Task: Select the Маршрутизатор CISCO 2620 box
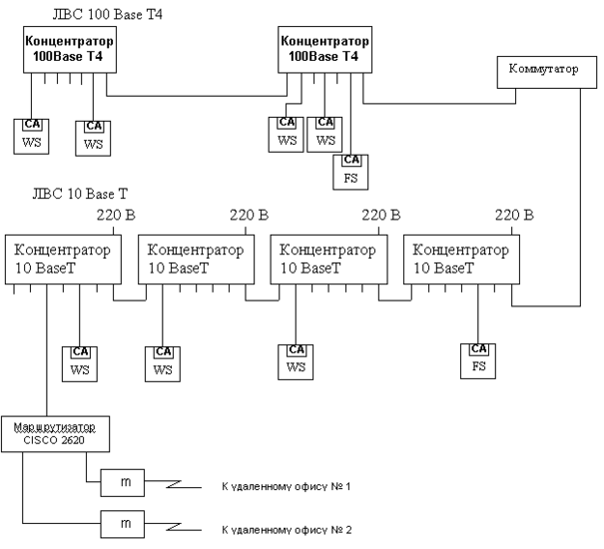[x=55, y=432]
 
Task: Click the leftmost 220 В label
[x=115, y=215]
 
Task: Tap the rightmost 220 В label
[x=514, y=215]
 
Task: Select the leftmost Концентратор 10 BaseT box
[x=59, y=260]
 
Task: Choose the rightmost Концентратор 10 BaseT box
[x=457, y=260]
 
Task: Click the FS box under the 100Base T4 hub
[x=351, y=170]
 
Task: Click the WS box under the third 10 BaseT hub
[x=297, y=359]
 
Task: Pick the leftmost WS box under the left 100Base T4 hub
[x=31, y=134]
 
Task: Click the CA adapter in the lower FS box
[x=479, y=349]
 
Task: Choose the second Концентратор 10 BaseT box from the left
[x=192, y=260]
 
